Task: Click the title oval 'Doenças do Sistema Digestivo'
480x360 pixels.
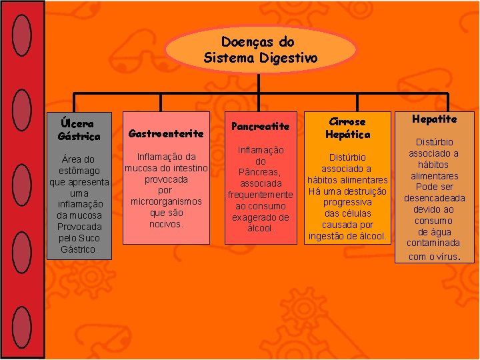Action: click(x=261, y=51)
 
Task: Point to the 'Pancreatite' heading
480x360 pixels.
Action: click(x=260, y=126)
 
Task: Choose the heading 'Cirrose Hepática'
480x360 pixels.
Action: click(x=347, y=127)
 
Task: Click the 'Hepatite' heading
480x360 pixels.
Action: click(x=434, y=119)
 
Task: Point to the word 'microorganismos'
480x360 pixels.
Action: click(x=166, y=201)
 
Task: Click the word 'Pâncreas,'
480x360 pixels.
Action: click(x=261, y=172)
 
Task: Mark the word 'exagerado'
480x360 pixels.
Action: click(x=261, y=217)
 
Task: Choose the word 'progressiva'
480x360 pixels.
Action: click(x=347, y=202)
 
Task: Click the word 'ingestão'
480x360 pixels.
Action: click(x=329, y=235)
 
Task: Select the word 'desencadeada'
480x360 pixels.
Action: click(x=434, y=198)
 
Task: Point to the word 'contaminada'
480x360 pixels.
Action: click(x=434, y=243)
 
